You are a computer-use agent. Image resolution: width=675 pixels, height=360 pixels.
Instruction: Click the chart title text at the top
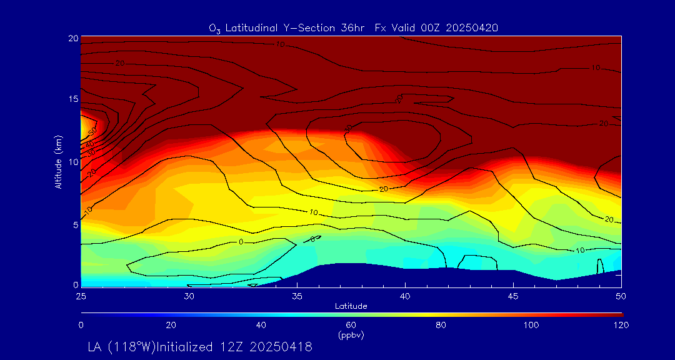pyautogui.click(x=353, y=27)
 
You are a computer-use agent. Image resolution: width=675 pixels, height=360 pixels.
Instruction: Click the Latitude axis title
pyautogui.click(x=350, y=306)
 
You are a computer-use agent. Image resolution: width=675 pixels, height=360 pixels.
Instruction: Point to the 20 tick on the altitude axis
pyautogui.click(x=72, y=38)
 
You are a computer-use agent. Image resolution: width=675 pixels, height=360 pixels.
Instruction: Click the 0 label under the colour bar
pyautogui.click(x=81, y=325)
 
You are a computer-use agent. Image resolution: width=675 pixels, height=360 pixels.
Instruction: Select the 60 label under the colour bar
pyautogui.click(x=351, y=325)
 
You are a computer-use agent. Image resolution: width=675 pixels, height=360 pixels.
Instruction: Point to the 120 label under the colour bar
pyautogui.click(x=621, y=325)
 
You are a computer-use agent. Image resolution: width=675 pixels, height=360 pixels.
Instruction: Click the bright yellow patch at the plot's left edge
pyautogui.click(x=84, y=126)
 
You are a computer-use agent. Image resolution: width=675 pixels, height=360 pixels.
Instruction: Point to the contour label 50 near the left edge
pyautogui.click(x=92, y=132)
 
